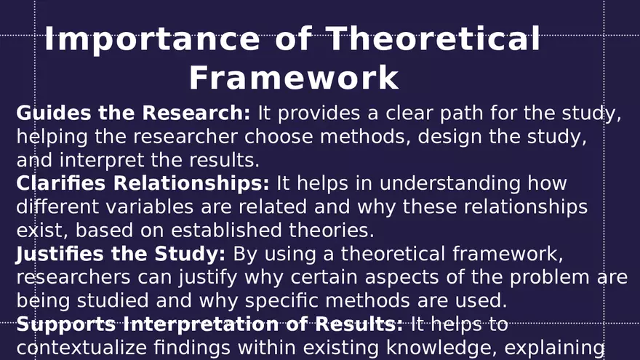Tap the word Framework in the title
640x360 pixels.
pos(294,78)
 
